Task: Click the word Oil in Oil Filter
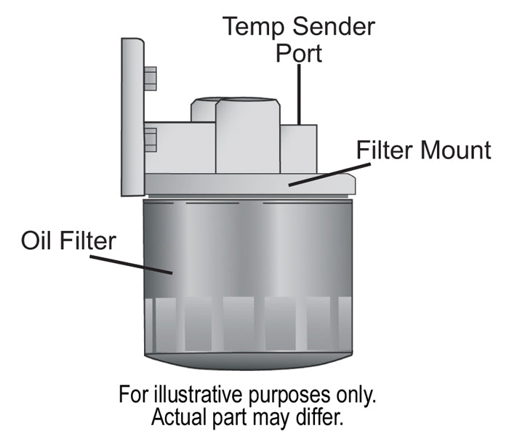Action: [x=40, y=240]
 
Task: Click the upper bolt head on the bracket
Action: [x=150, y=78]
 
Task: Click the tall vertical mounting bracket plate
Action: [x=132, y=116]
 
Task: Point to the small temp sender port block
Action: [x=298, y=149]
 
